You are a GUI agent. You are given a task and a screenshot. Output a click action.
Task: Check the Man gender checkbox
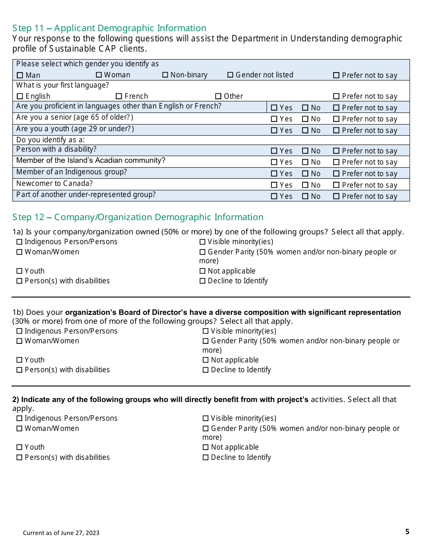click(20, 75)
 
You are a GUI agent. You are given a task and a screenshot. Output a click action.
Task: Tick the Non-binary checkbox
click(165, 75)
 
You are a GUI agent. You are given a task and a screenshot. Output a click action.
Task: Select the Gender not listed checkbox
click(230, 75)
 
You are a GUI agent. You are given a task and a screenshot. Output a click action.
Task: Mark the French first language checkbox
click(119, 96)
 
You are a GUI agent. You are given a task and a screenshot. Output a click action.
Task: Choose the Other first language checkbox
click(218, 96)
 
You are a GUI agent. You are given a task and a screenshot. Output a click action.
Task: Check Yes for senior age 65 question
click(274, 119)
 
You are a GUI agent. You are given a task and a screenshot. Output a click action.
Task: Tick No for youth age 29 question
click(305, 131)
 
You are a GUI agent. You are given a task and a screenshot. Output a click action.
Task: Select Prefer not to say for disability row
click(336, 151)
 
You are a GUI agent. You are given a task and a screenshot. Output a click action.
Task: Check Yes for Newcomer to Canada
click(274, 185)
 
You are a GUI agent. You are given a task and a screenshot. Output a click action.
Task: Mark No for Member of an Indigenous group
click(305, 174)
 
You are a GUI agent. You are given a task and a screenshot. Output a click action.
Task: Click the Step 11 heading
click(109, 28)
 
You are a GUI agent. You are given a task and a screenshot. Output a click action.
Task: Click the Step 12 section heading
click(138, 217)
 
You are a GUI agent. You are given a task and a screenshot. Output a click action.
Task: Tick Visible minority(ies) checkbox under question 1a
click(203, 242)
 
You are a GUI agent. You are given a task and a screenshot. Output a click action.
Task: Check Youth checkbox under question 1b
click(19, 360)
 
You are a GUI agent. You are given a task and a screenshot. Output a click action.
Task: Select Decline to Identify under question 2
click(205, 457)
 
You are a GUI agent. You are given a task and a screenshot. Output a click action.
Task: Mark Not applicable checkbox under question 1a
click(203, 271)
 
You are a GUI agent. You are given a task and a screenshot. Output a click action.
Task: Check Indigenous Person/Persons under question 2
click(19, 418)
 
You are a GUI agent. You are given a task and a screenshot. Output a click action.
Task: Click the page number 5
click(407, 531)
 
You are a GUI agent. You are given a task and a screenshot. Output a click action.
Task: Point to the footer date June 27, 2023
click(61, 533)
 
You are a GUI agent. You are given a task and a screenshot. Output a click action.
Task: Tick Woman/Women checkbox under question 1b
click(19, 341)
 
